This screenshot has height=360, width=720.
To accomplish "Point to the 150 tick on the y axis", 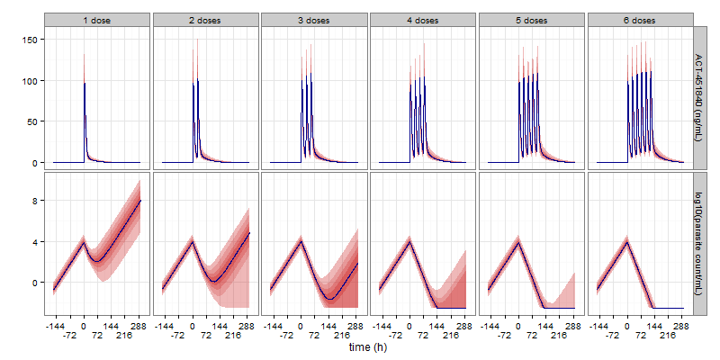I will (31, 40).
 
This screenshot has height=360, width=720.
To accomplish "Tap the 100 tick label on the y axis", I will (31, 81).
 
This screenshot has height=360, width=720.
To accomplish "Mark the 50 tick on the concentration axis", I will (33, 121).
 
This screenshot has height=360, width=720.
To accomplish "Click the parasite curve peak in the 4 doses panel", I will (409, 241).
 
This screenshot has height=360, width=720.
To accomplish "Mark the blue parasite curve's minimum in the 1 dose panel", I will (98, 261).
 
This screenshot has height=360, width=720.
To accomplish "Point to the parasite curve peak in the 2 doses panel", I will (193, 241).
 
